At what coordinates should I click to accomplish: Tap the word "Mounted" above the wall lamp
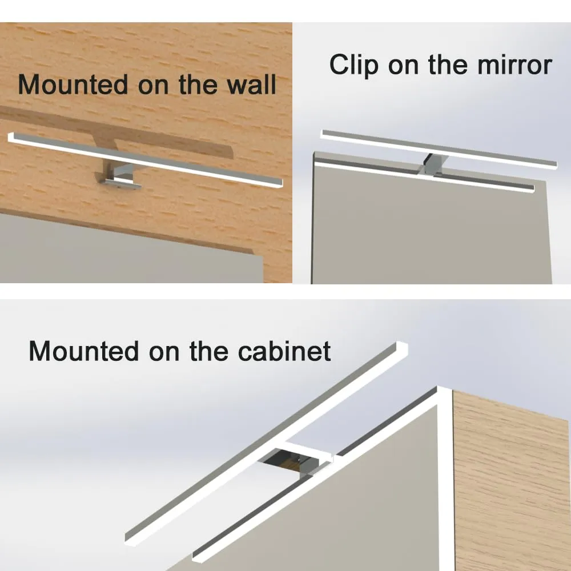coord(73,85)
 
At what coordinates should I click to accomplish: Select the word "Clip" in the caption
coord(353,66)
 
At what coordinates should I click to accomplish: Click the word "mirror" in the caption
coord(514,65)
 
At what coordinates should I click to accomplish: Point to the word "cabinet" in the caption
coord(284,351)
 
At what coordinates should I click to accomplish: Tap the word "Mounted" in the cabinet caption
coord(84,351)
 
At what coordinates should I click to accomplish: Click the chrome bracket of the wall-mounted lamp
coord(119,175)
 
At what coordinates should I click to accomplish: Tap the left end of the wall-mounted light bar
coord(11,138)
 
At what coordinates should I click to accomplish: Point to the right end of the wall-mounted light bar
coord(280,183)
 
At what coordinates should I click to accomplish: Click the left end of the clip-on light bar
coord(323,134)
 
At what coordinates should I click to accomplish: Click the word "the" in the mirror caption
coord(448,65)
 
